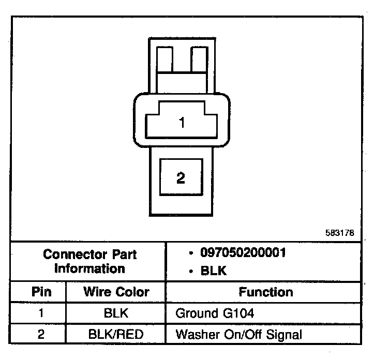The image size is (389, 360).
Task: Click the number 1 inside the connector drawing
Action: click(182, 123)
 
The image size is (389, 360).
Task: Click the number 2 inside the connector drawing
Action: click(181, 178)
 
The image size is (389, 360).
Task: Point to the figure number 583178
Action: click(340, 233)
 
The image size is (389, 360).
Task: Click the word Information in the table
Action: click(89, 268)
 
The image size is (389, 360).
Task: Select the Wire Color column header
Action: click(116, 292)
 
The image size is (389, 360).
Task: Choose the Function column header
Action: click(265, 292)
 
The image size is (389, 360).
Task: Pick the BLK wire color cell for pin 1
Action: click(116, 313)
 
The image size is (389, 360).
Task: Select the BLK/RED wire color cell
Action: click(116, 334)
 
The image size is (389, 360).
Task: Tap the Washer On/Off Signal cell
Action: click(238, 334)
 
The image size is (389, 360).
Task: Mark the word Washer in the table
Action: click(194, 334)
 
